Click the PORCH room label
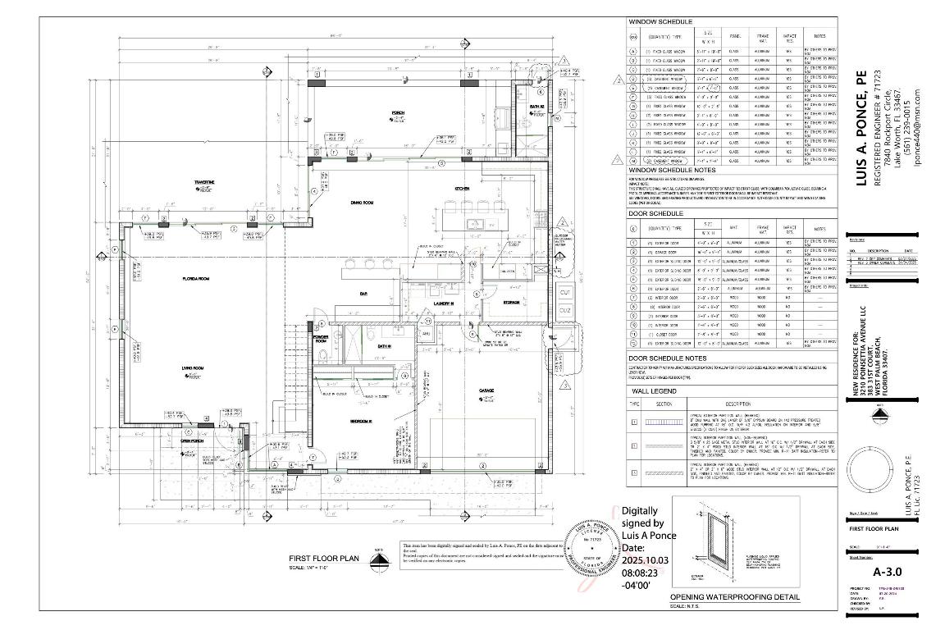tap(398, 112)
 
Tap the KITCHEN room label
tap(462, 189)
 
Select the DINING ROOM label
tap(362, 202)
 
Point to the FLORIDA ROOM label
tap(196, 280)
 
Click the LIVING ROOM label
tap(193, 369)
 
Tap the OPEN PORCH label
tap(193, 441)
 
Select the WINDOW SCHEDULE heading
tap(660, 21)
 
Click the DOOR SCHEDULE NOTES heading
tap(667, 358)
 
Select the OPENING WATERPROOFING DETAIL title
tap(723, 597)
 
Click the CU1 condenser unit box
tap(564, 293)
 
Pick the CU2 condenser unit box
tap(564, 311)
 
